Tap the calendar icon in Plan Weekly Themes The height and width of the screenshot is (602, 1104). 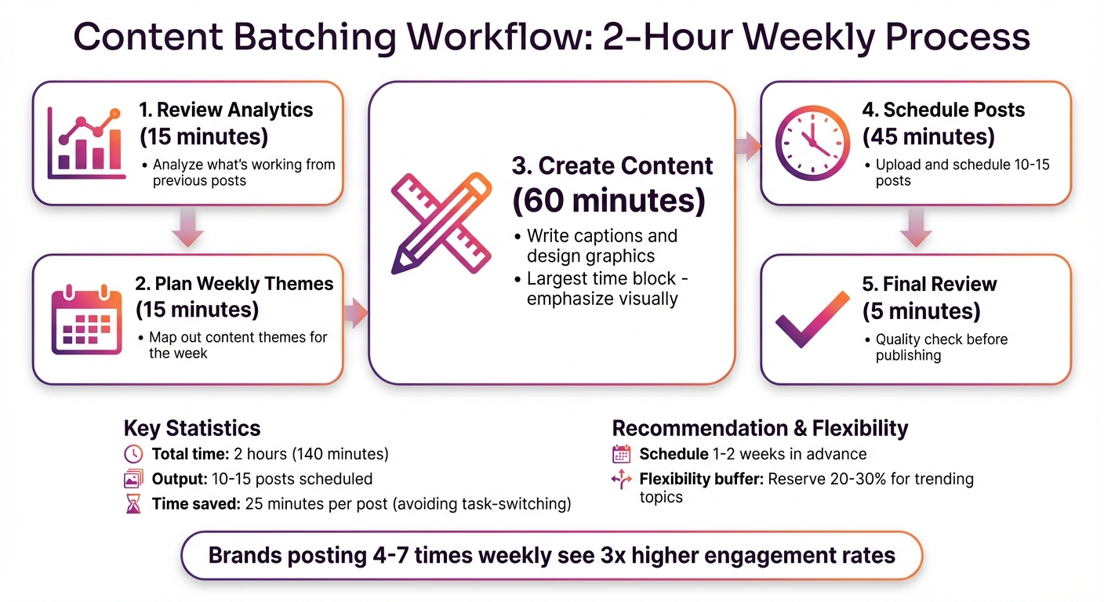pos(86,321)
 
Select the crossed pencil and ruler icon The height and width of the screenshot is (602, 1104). pos(441,223)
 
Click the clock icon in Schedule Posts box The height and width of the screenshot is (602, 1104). pos(812,143)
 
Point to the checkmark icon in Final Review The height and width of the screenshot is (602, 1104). pos(812,319)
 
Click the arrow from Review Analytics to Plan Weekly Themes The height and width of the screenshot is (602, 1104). pos(187,229)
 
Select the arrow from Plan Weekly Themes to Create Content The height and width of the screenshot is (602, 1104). pos(355,313)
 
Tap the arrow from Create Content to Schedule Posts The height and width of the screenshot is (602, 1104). pos(748,145)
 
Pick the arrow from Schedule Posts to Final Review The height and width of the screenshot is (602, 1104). pos(915,229)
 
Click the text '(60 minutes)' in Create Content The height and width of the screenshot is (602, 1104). pos(608,201)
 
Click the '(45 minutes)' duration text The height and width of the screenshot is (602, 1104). pos(928,137)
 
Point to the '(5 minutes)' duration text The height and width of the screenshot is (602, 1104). pos(921,311)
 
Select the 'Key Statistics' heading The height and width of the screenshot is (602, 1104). pos(192,428)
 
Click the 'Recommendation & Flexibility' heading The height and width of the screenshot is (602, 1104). pos(760,428)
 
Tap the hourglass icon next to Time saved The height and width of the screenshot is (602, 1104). pos(133,504)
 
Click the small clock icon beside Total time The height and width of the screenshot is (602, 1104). pos(133,454)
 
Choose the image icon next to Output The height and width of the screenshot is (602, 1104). pos(133,479)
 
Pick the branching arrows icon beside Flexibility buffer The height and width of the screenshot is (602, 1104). pos(621,479)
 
